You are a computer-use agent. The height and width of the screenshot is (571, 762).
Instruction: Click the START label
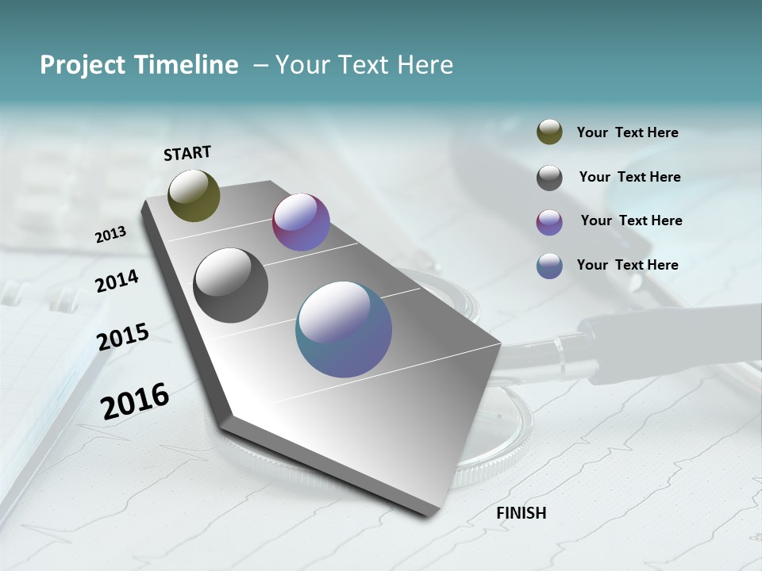(x=187, y=153)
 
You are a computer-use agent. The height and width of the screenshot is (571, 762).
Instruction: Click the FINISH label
(x=521, y=513)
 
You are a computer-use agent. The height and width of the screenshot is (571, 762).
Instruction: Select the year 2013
(x=110, y=235)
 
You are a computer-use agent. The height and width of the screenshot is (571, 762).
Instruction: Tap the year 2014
(x=117, y=281)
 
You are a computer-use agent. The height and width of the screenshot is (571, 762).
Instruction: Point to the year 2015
(x=122, y=337)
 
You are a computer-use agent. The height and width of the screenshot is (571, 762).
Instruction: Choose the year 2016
(x=134, y=400)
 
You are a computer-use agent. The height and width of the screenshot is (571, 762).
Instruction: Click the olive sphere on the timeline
(x=194, y=195)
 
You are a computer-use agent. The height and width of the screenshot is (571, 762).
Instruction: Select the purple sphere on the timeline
(x=301, y=222)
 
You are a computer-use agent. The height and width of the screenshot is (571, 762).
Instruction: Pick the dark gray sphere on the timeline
(x=230, y=285)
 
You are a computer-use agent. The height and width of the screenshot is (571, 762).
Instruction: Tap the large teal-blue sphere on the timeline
(x=343, y=329)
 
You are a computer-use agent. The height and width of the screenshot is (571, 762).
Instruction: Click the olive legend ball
(x=549, y=132)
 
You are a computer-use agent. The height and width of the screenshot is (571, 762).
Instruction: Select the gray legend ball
(x=549, y=178)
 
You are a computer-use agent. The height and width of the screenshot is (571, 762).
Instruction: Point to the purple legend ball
(x=549, y=222)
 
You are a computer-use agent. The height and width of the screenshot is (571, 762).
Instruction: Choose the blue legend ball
(x=549, y=266)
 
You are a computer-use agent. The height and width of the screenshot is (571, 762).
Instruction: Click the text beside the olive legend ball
(x=627, y=132)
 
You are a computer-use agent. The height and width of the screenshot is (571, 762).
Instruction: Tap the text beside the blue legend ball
(x=627, y=265)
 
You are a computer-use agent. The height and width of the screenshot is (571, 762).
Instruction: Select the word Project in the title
(x=83, y=65)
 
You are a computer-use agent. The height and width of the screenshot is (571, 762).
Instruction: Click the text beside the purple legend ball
(x=631, y=220)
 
